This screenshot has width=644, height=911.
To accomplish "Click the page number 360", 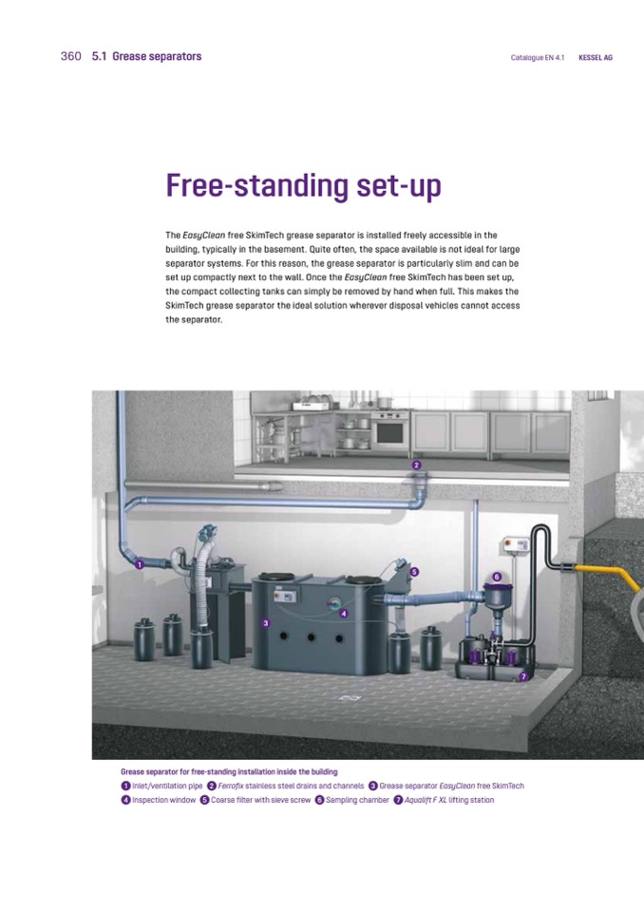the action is (x=71, y=56).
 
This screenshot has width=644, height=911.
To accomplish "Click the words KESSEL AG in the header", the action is (x=596, y=58).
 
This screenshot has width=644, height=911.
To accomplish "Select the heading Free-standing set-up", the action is (x=304, y=186).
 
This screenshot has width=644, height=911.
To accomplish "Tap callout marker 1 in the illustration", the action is (x=140, y=564).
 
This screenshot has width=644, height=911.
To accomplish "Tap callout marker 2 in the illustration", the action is (x=416, y=465).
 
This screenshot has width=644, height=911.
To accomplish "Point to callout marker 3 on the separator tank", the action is (x=265, y=623).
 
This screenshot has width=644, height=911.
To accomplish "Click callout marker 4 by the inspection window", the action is (x=344, y=614).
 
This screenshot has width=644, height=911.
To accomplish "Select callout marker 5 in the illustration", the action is (x=414, y=572).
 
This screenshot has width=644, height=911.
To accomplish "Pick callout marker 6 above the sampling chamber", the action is (x=497, y=577).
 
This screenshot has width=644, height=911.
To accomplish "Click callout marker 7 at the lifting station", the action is (x=522, y=676).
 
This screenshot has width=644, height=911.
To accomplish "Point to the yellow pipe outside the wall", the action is (x=604, y=575).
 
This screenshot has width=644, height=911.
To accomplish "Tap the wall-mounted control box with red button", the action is (x=515, y=544).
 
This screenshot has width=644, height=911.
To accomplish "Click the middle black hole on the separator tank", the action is (x=312, y=637).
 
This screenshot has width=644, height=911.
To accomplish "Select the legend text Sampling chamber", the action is (x=357, y=800).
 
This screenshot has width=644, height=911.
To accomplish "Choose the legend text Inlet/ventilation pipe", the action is (x=167, y=787).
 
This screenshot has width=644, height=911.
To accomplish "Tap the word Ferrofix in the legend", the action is (x=231, y=787).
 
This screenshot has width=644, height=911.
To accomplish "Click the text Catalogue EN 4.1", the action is (x=538, y=58).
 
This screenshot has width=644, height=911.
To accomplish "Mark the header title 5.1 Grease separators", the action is (x=147, y=56).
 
